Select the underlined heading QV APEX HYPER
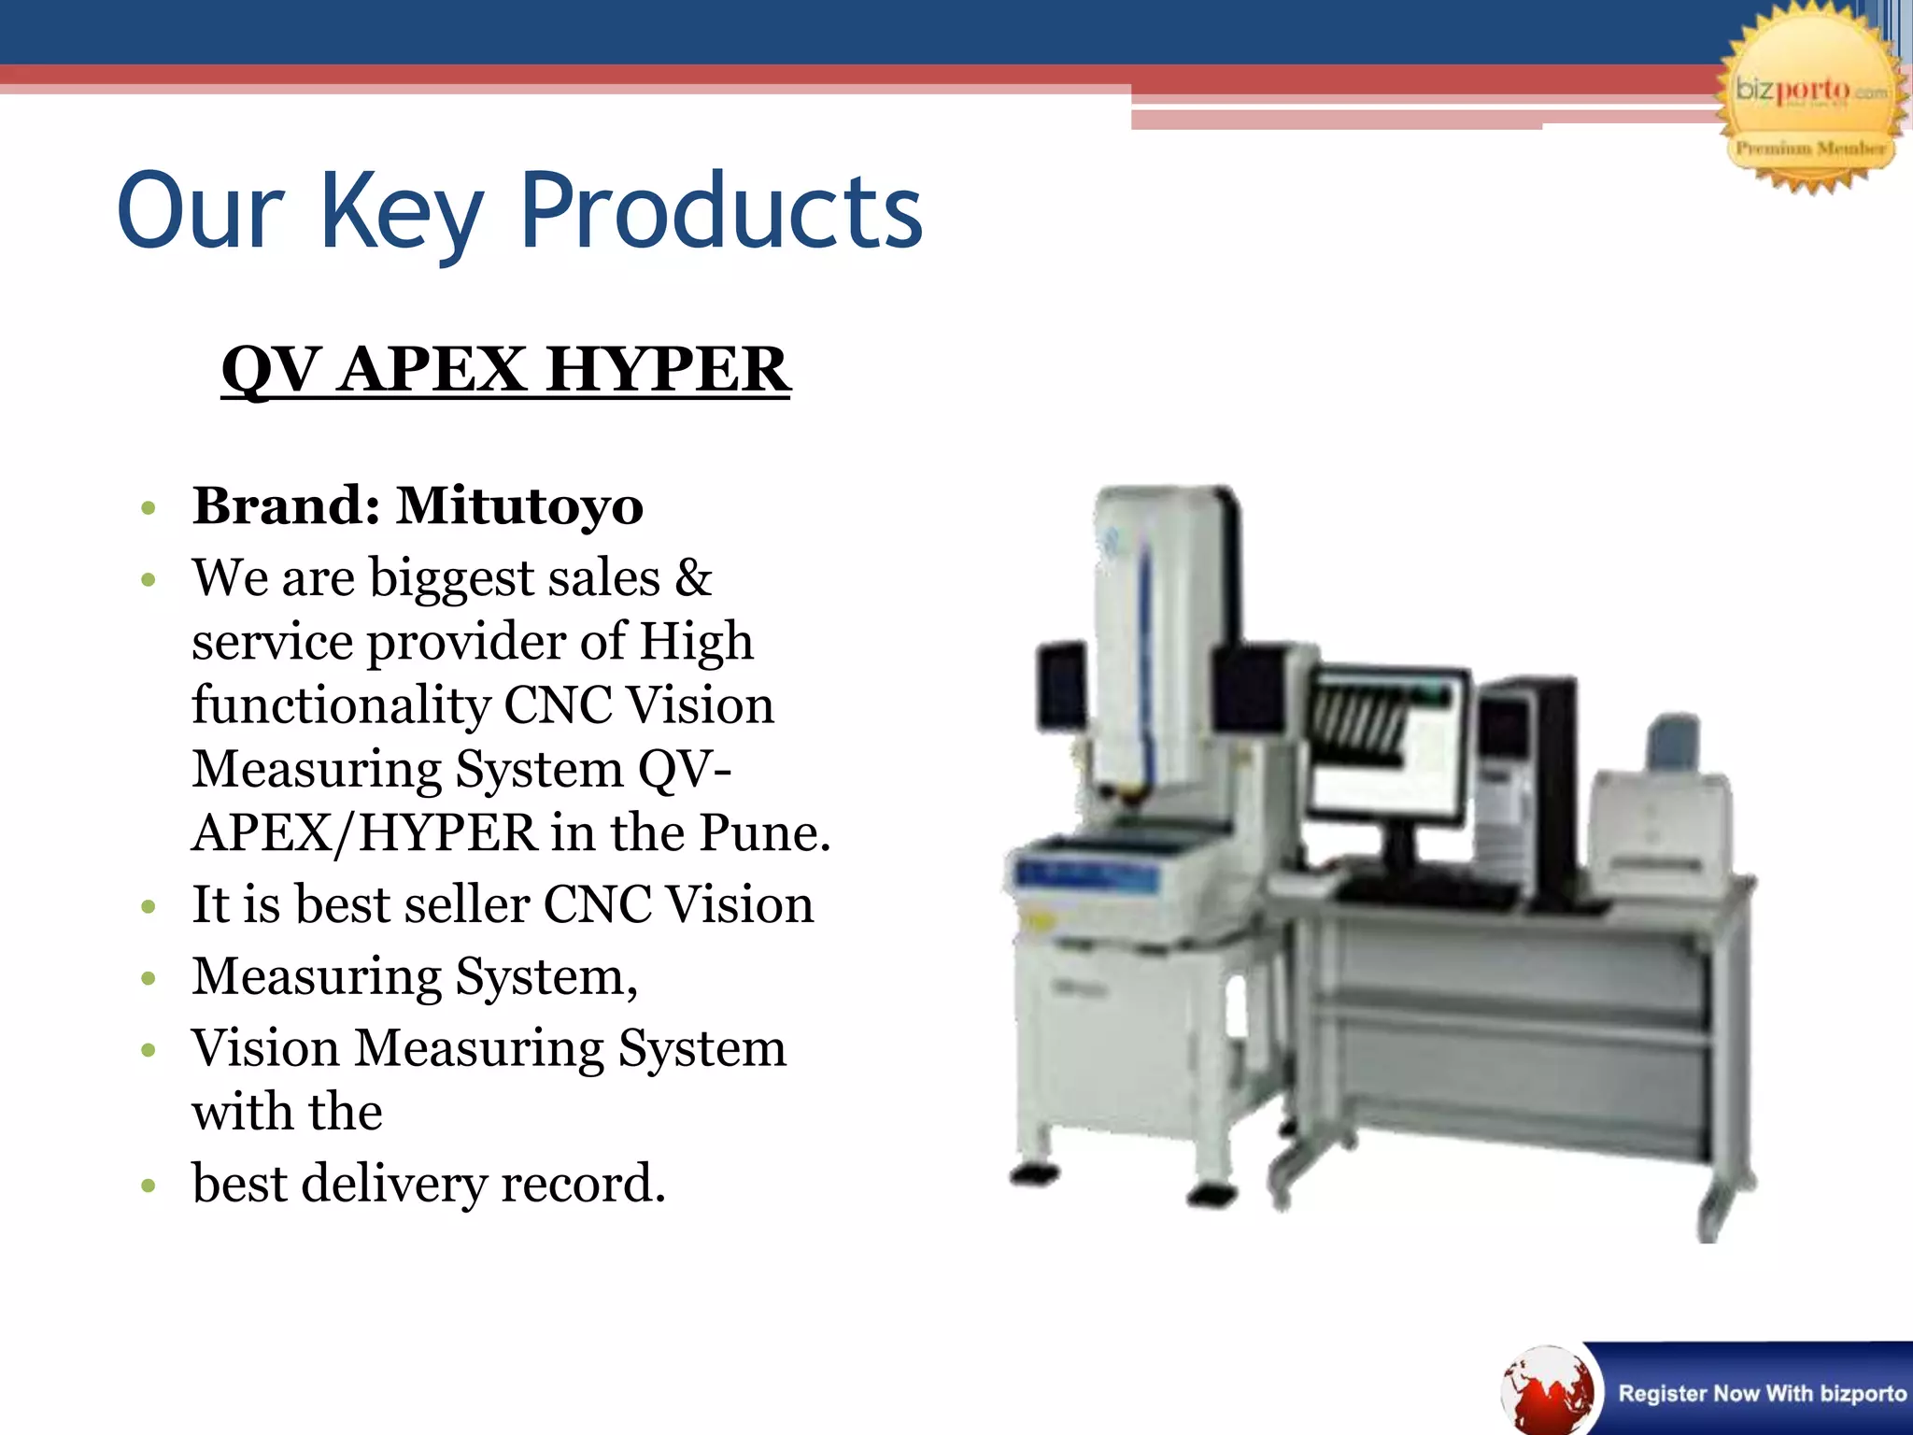[505, 369]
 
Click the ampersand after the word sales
[692, 577]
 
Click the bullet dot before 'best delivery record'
[148, 1186]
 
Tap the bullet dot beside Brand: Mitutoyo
[148, 509]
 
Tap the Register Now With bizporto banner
[1760, 1393]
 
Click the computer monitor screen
[1384, 747]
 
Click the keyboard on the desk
[1424, 892]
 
